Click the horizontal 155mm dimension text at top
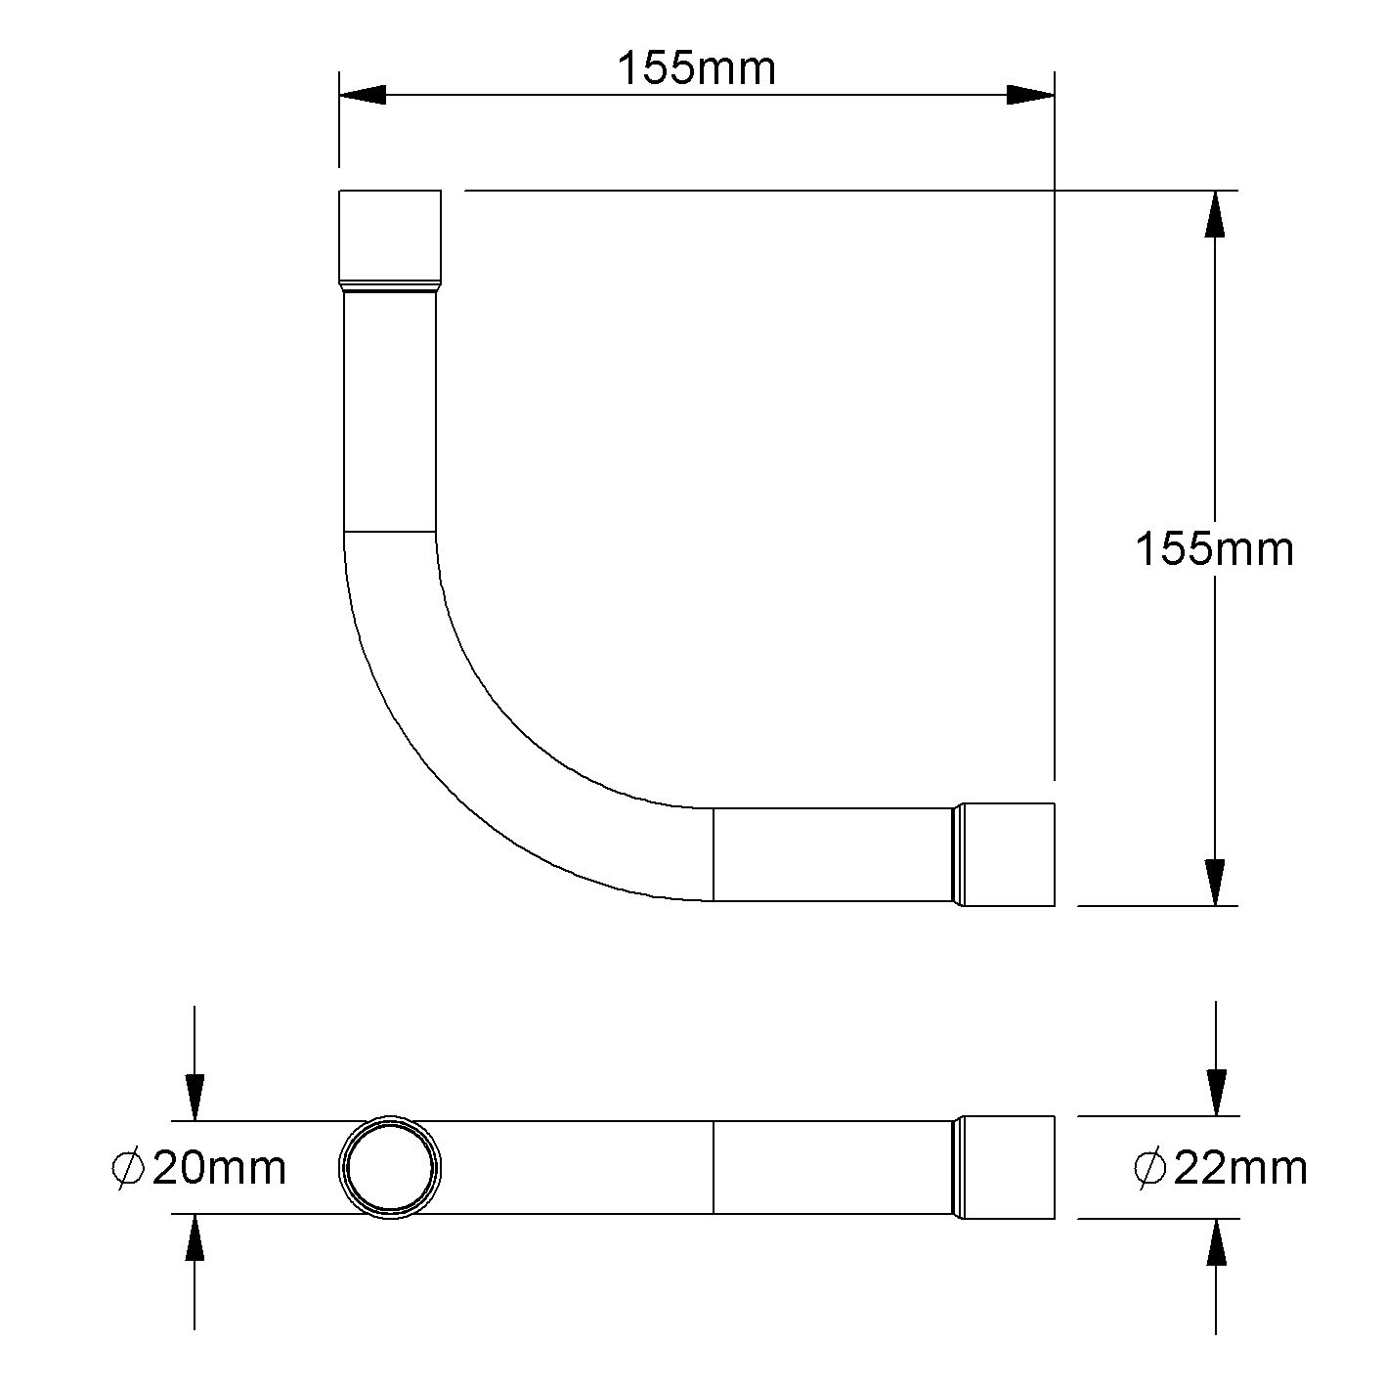click(x=696, y=68)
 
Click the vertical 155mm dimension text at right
click(x=1214, y=549)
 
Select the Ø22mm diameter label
click(x=1221, y=1168)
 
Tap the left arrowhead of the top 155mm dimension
click(x=362, y=95)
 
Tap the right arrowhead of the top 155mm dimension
click(x=1031, y=95)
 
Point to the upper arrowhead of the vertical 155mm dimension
click(x=1214, y=213)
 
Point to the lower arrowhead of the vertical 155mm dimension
click(x=1214, y=883)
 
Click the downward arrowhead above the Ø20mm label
click(x=195, y=1097)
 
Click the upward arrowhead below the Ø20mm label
click(x=195, y=1239)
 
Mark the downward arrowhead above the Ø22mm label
click(x=1216, y=1092)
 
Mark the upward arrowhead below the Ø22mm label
click(x=1216, y=1243)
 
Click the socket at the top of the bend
click(x=390, y=237)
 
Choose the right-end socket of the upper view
click(x=1007, y=854)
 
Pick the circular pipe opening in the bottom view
click(x=390, y=1167)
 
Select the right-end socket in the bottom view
click(x=1007, y=1167)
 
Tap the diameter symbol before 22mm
click(x=1150, y=1168)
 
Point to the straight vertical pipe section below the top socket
click(x=390, y=411)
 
